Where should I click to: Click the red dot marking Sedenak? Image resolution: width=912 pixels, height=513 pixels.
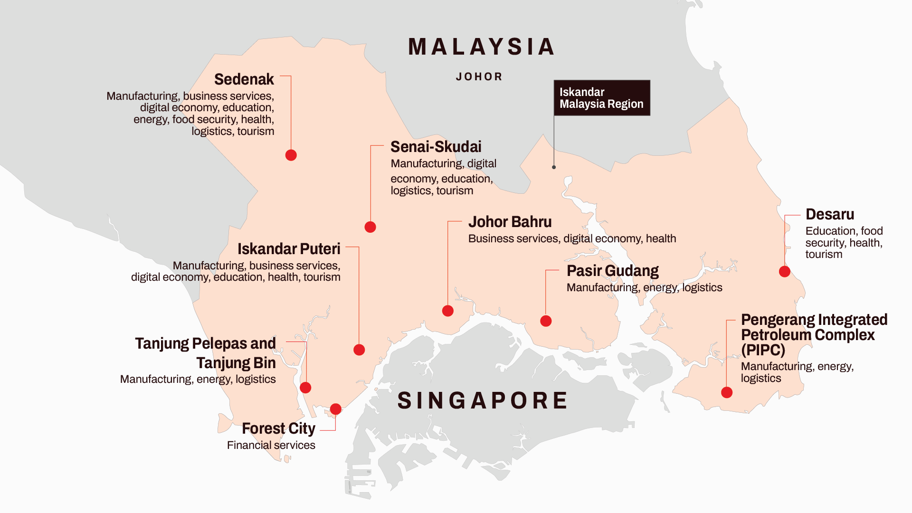click(291, 155)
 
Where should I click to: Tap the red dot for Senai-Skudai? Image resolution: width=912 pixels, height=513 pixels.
click(370, 227)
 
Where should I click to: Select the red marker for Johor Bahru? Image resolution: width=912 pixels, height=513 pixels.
click(447, 311)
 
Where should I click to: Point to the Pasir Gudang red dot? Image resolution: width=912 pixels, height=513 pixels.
click(546, 321)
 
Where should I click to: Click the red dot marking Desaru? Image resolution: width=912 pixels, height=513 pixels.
click(784, 272)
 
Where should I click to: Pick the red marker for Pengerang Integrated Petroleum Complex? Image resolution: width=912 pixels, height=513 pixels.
click(726, 392)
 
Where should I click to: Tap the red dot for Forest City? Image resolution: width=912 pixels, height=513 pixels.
click(335, 409)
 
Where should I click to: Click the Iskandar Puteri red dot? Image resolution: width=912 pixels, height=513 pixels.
click(359, 350)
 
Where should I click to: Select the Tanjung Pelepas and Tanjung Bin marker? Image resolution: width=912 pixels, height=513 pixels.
click(305, 388)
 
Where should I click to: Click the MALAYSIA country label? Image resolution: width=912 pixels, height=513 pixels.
click(481, 47)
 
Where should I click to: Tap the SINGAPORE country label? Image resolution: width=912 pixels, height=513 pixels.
click(483, 400)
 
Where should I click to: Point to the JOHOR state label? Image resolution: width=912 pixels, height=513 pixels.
click(479, 77)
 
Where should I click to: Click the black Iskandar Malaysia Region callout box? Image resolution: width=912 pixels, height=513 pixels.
click(601, 98)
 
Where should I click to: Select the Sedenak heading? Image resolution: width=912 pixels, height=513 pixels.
click(244, 79)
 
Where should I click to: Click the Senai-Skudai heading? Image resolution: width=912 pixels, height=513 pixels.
click(436, 147)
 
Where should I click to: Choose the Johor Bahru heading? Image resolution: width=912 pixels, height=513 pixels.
click(510, 222)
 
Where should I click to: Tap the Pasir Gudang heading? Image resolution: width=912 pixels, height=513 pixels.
click(612, 271)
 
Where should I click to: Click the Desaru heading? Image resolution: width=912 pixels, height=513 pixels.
click(829, 214)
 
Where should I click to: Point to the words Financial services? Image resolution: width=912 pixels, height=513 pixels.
click(271, 445)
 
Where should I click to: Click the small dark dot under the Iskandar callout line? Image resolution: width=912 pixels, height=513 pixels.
click(554, 167)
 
